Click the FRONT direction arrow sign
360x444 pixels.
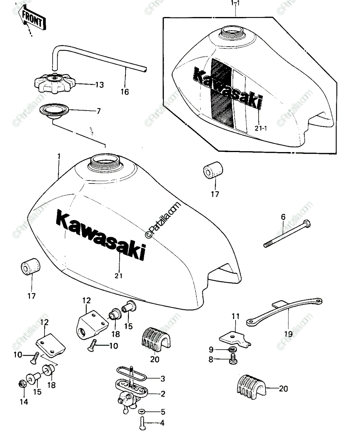pyautogui.click(x=31, y=18)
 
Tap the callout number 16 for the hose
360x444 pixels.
pyautogui.click(x=125, y=92)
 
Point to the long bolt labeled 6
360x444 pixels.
pyautogui.click(x=287, y=233)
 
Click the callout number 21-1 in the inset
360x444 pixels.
pyautogui.click(x=261, y=128)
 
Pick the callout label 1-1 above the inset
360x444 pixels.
pyautogui.click(x=235, y=4)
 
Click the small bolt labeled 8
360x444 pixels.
pyautogui.click(x=233, y=359)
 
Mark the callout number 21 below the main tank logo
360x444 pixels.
pyautogui.click(x=119, y=276)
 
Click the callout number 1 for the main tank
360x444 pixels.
pyautogui.click(x=59, y=157)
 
